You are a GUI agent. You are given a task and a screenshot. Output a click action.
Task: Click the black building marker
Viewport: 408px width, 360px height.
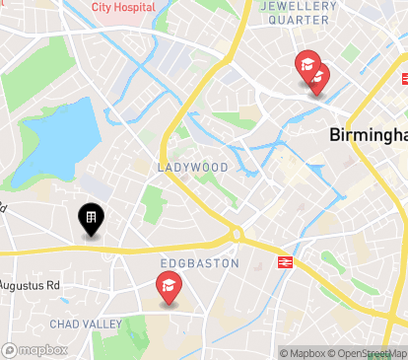point(91,219)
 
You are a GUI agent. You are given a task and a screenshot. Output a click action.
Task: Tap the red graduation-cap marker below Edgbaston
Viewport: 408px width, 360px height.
point(169,288)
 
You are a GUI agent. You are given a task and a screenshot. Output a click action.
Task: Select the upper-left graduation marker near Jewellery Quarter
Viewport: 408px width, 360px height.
point(306,66)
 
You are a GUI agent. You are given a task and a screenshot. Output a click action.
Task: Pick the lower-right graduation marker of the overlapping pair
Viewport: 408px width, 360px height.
point(318,78)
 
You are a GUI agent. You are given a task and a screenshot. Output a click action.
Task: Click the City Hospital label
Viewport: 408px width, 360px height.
point(123,7)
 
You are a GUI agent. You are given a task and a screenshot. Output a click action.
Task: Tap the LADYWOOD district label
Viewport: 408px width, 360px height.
point(192,168)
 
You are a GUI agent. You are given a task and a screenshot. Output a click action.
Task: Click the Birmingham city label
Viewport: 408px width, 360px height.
point(367,135)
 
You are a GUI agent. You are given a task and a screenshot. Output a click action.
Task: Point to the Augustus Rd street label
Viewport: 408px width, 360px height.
point(30,286)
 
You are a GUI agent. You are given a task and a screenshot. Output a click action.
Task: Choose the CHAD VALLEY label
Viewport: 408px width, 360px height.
point(88,324)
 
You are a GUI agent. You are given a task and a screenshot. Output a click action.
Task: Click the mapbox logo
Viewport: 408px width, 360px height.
point(34,349)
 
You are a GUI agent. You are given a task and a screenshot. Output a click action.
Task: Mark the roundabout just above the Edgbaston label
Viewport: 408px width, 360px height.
point(237,234)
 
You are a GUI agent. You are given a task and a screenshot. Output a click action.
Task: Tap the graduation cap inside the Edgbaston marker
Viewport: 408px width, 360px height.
point(169,286)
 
